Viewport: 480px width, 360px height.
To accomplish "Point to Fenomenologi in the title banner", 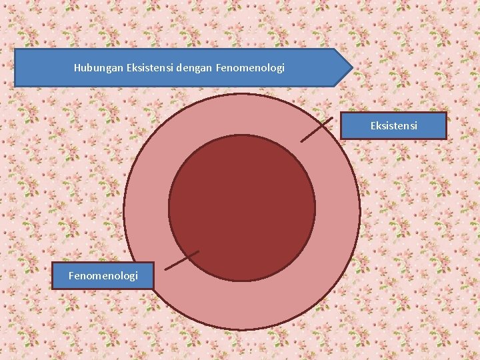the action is (251, 68).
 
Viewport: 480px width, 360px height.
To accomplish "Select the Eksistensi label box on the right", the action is (393, 125).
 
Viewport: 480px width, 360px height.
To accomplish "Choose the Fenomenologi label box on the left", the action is (103, 275).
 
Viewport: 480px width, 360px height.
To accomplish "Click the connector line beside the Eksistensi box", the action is (317, 130).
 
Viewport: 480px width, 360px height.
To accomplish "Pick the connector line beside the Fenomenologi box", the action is (181, 261).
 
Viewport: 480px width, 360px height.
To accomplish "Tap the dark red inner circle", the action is (241, 207).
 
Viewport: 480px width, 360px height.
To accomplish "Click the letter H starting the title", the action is (77, 68).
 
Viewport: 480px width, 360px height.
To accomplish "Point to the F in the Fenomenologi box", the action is (72, 275).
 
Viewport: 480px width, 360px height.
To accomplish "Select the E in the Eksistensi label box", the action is (374, 125).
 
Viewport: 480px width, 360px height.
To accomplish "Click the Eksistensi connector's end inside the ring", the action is (301, 141).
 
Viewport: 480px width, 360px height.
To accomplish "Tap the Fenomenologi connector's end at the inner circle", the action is (199, 251).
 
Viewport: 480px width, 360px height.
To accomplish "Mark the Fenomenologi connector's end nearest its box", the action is (165, 270).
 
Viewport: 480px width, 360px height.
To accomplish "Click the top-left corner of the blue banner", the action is (15, 49).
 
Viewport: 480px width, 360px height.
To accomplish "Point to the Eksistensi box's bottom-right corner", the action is (445, 138).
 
